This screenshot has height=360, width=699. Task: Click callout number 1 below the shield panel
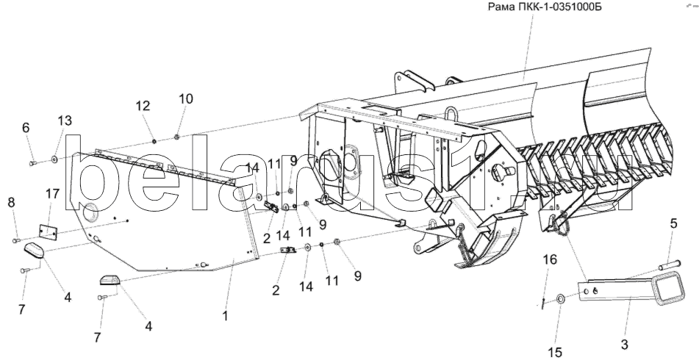pyautogui.click(x=225, y=317)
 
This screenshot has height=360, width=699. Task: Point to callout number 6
pyautogui.click(x=26, y=127)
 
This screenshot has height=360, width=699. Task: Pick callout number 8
pyautogui.click(x=10, y=204)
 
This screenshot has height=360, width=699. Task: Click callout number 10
pyautogui.click(x=184, y=98)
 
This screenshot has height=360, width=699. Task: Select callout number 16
pyautogui.click(x=550, y=260)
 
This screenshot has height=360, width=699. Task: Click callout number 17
pyautogui.click(x=51, y=195)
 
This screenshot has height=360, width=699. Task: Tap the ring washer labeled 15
pyautogui.click(x=559, y=298)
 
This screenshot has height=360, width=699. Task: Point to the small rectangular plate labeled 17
pyautogui.click(x=49, y=231)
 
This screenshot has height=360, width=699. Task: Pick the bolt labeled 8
pyautogui.click(x=16, y=240)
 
